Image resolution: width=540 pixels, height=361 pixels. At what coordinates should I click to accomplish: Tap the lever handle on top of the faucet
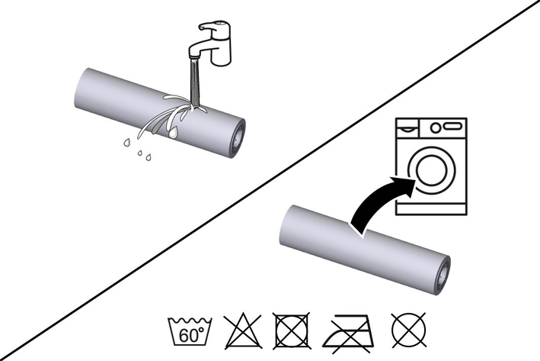click(x=213, y=26)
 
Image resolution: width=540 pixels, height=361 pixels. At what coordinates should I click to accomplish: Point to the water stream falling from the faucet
click(x=194, y=83)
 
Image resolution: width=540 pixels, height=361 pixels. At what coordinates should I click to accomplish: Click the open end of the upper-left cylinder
click(x=238, y=138)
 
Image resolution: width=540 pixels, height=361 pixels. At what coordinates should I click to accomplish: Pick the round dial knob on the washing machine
click(x=436, y=127)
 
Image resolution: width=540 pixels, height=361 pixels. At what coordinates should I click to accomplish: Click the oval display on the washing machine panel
click(x=452, y=127)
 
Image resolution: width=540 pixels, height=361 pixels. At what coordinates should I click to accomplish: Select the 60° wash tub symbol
click(x=190, y=330)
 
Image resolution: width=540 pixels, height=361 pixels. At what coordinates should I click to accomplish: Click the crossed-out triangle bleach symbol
click(x=243, y=330)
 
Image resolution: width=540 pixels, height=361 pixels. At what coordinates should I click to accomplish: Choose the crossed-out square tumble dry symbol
click(x=292, y=330)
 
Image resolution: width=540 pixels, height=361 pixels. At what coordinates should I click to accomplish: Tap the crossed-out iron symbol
click(x=347, y=333)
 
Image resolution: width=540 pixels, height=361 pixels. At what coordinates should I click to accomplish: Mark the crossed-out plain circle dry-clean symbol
click(x=409, y=330)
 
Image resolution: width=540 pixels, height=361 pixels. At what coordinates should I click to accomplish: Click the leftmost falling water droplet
click(x=127, y=142)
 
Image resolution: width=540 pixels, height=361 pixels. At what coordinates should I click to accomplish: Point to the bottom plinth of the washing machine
click(x=432, y=209)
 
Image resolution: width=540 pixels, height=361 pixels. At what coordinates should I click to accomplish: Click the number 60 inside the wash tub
click(x=188, y=336)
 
